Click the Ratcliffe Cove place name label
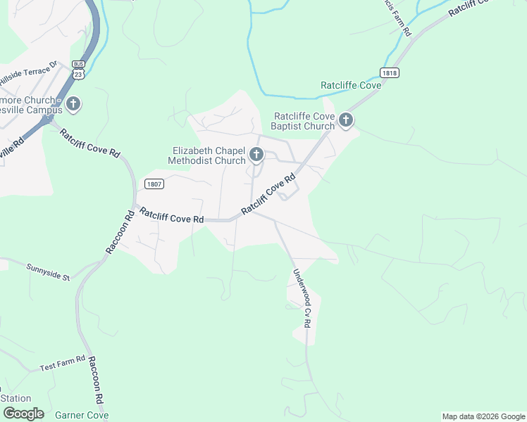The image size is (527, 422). tap(350, 85)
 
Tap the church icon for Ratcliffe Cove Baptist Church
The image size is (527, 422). tap(345, 120)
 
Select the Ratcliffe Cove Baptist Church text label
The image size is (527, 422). tap(304, 121)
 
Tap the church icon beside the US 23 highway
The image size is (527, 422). tap(73, 105)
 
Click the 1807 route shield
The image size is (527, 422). tap(154, 184)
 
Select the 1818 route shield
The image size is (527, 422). tap(388, 72)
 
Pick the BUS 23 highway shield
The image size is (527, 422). tap(78, 68)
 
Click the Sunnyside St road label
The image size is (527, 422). tap(48, 271)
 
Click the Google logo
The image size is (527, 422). tap(23, 414)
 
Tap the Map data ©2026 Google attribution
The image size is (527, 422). tap(483, 416)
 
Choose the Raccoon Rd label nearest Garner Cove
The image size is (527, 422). tap(96, 379)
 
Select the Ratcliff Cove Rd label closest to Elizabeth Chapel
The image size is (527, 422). tap(268, 196)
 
